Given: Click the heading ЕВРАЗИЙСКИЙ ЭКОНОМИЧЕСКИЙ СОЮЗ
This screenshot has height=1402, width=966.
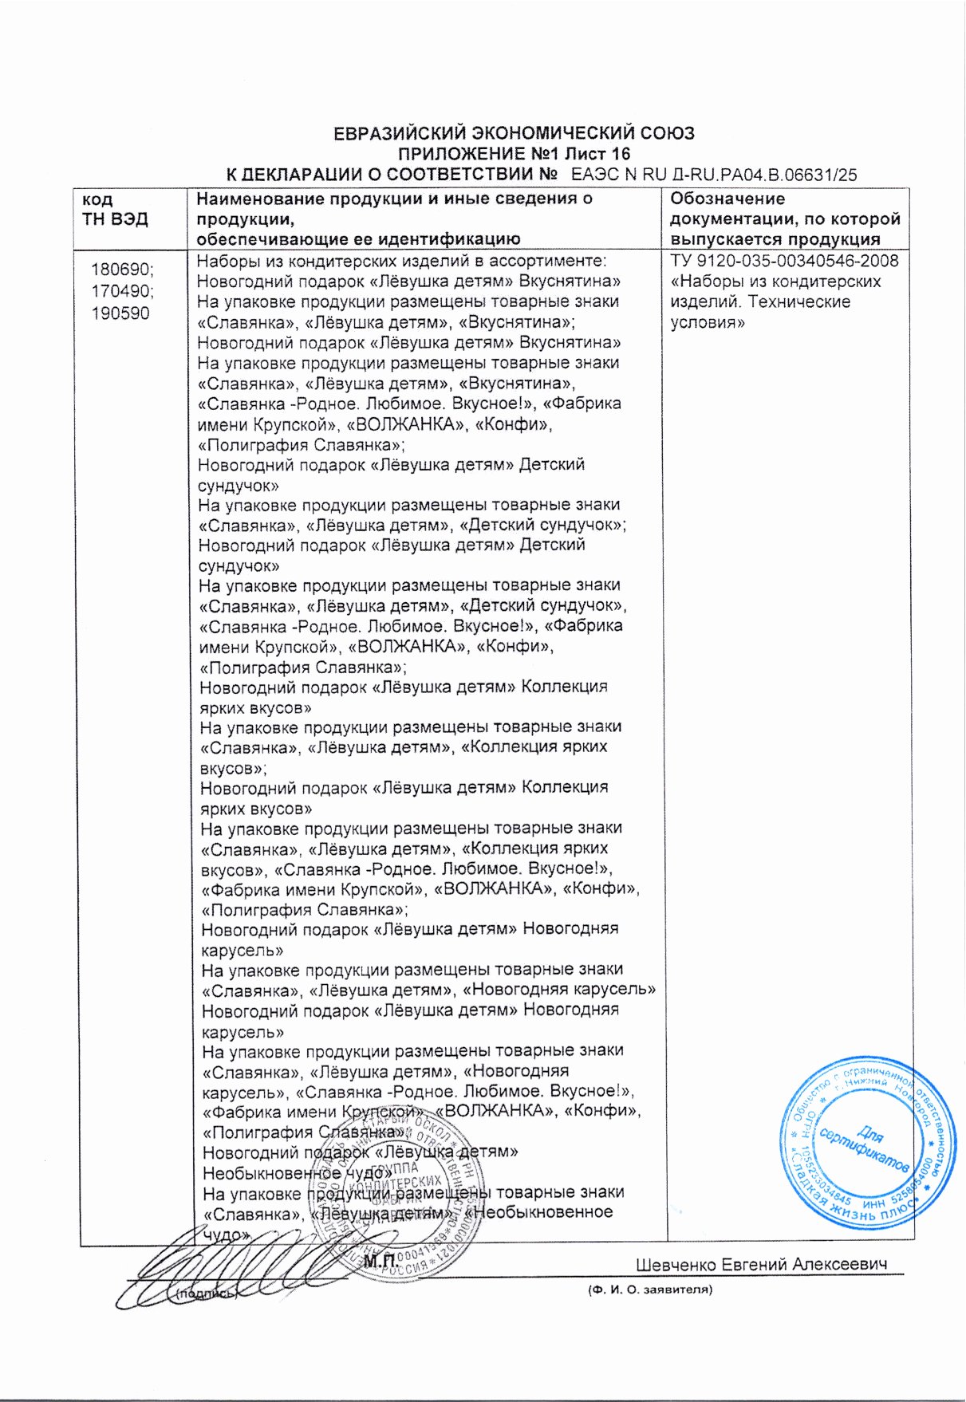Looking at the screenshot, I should pos(514,133).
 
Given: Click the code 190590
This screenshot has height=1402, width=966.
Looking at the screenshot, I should pos(120,313).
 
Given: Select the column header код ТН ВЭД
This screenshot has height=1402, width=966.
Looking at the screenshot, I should pos(116,210).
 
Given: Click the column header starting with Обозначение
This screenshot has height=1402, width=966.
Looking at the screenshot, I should pos(784,219).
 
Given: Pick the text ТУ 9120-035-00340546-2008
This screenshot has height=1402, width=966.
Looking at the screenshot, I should pos(784,261).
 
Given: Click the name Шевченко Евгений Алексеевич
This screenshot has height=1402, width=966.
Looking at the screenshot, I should pos(762,1265).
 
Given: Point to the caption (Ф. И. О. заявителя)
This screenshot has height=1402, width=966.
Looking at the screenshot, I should pos(649,1289).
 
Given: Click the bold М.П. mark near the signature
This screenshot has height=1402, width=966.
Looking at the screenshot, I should pos(380,1261).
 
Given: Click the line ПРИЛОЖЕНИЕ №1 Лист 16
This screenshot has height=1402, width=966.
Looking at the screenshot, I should pos(514,154).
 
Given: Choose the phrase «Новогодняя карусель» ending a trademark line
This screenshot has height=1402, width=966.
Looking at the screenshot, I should pos(560,990).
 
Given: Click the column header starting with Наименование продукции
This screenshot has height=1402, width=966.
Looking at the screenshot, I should pos(395,219).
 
